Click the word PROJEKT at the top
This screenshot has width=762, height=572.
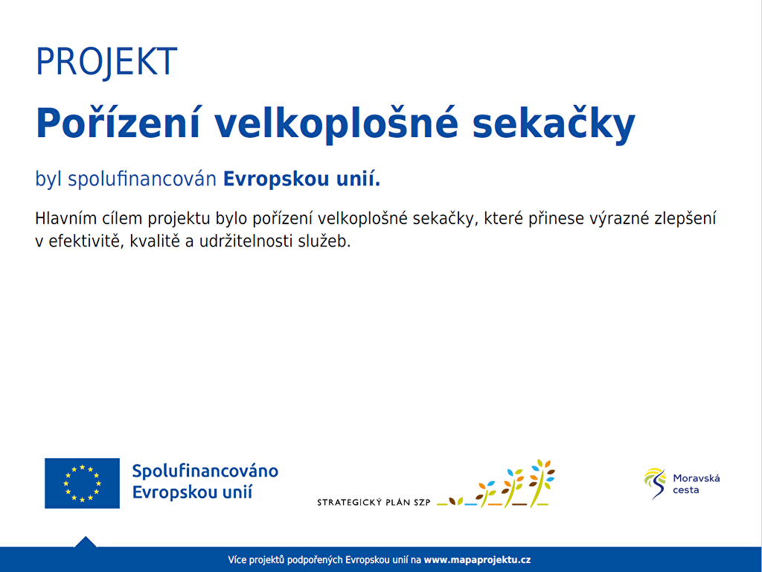pyautogui.click(x=106, y=63)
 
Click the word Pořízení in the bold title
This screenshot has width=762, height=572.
pyautogui.click(x=118, y=124)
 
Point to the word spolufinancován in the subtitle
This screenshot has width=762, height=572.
pyautogui.click(x=142, y=179)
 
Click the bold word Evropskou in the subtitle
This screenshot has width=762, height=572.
pyautogui.click(x=276, y=179)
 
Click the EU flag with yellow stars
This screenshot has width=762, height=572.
pyautogui.click(x=82, y=483)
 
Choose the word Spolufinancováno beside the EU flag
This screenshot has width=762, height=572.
pyautogui.click(x=205, y=471)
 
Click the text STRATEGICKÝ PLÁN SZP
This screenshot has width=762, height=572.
pyautogui.click(x=374, y=503)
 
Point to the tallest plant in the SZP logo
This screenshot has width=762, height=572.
pyautogui.click(x=541, y=483)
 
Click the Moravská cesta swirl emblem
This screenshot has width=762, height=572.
pyautogui.click(x=655, y=483)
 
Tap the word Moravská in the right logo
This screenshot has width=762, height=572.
pyautogui.click(x=697, y=478)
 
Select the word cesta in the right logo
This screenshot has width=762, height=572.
pyautogui.click(x=685, y=490)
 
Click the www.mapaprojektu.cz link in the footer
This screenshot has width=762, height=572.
pyautogui.click(x=477, y=560)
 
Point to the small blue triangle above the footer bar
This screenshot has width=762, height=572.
pyautogui.click(x=86, y=541)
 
